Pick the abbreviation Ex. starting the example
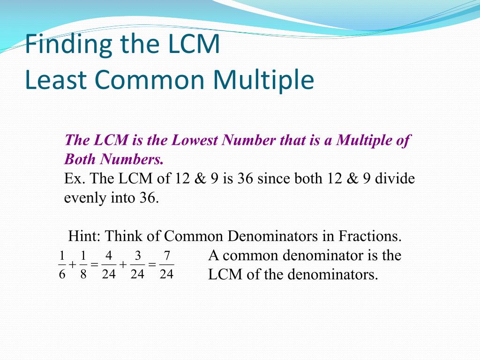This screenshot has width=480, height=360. [x=74, y=179]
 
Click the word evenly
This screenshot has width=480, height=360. [x=85, y=198]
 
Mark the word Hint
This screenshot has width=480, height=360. [x=83, y=235]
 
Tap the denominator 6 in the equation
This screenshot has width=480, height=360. [x=62, y=274]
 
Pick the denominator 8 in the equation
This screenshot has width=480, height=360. [x=83, y=274]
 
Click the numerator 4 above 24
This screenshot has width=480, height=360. [x=109, y=256]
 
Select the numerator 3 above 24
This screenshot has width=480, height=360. [x=137, y=256]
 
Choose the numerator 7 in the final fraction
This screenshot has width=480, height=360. [x=166, y=256]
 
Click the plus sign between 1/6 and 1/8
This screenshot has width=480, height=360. [x=73, y=265]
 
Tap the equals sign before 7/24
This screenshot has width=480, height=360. [x=152, y=265]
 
